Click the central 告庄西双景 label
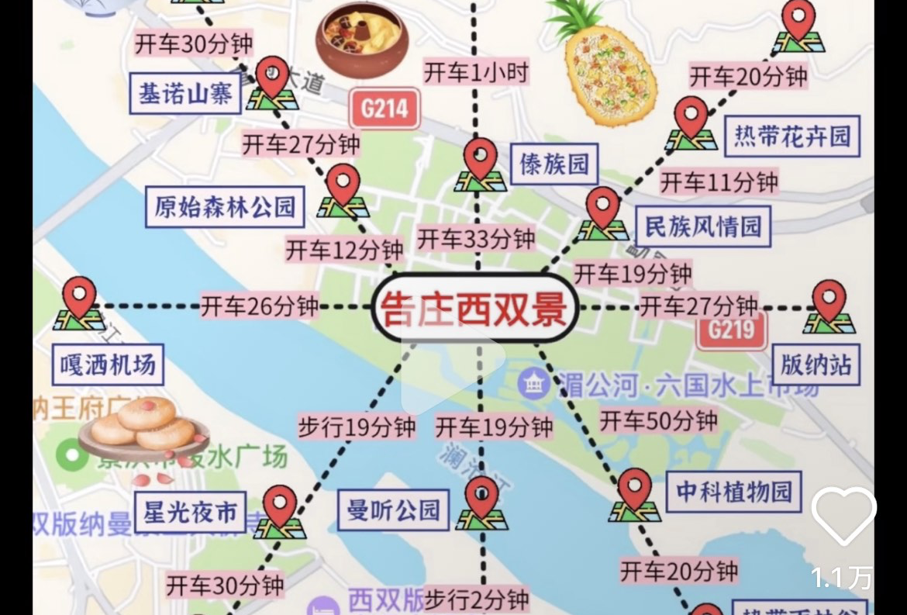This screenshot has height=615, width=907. (x=474, y=309)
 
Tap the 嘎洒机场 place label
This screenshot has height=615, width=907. (x=108, y=365)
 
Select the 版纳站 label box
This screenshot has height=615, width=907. (x=816, y=365)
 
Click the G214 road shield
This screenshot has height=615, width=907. (x=385, y=109)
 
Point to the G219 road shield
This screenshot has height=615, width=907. (x=731, y=330)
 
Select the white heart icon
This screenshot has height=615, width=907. (x=843, y=515)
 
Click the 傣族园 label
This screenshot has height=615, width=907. (x=554, y=164)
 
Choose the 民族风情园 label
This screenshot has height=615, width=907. (x=703, y=226)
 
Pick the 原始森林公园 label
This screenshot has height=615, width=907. (x=225, y=206)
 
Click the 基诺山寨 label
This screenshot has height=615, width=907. (x=185, y=94)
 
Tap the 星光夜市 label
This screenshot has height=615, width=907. (x=190, y=512)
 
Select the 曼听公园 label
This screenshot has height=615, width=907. (x=394, y=510)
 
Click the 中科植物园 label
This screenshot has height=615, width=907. (x=733, y=491)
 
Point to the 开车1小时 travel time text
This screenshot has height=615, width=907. (x=476, y=73)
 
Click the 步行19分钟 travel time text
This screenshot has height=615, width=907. (x=357, y=427)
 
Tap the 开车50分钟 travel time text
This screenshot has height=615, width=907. (x=658, y=421)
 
